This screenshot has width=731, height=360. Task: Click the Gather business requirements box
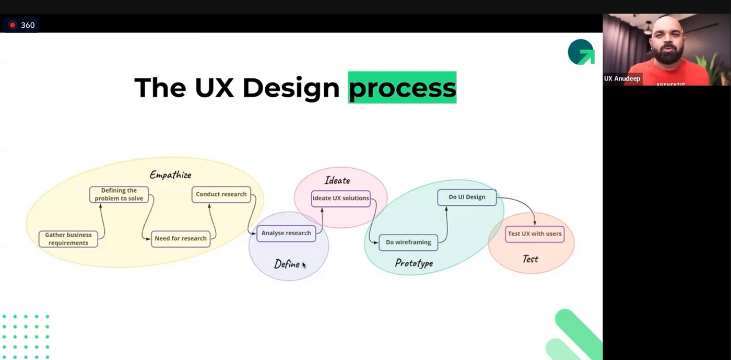click(68, 239)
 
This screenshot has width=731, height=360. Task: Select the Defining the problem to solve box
click(119, 194)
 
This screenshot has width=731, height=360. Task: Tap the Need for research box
click(181, 238)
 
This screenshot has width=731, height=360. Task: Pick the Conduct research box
click(221, 194)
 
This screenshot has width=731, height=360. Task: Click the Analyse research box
click(286, 233)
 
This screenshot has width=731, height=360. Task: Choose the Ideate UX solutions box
click(340, 198)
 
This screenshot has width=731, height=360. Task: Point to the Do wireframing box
click(408, 242)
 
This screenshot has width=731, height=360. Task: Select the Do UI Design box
click(467, 197)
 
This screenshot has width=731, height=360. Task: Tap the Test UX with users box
click(535, 234)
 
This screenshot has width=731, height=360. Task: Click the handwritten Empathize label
click(170, 175)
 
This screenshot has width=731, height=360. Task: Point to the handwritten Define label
click(287, 264)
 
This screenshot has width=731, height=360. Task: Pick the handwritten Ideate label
click(337, 180)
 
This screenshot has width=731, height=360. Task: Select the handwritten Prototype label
click(414, 263)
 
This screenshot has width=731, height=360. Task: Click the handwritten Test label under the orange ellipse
click(530, 259)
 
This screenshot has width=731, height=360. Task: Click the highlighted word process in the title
click(402, 87)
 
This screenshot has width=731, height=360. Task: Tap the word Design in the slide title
click(291, 87)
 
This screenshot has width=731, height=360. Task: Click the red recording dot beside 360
click(13, 25)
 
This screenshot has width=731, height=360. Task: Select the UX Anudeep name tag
click(622, 79)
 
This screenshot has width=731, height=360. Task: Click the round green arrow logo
click(581, 52)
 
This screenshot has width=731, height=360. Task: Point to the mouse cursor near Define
click(304, 265)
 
